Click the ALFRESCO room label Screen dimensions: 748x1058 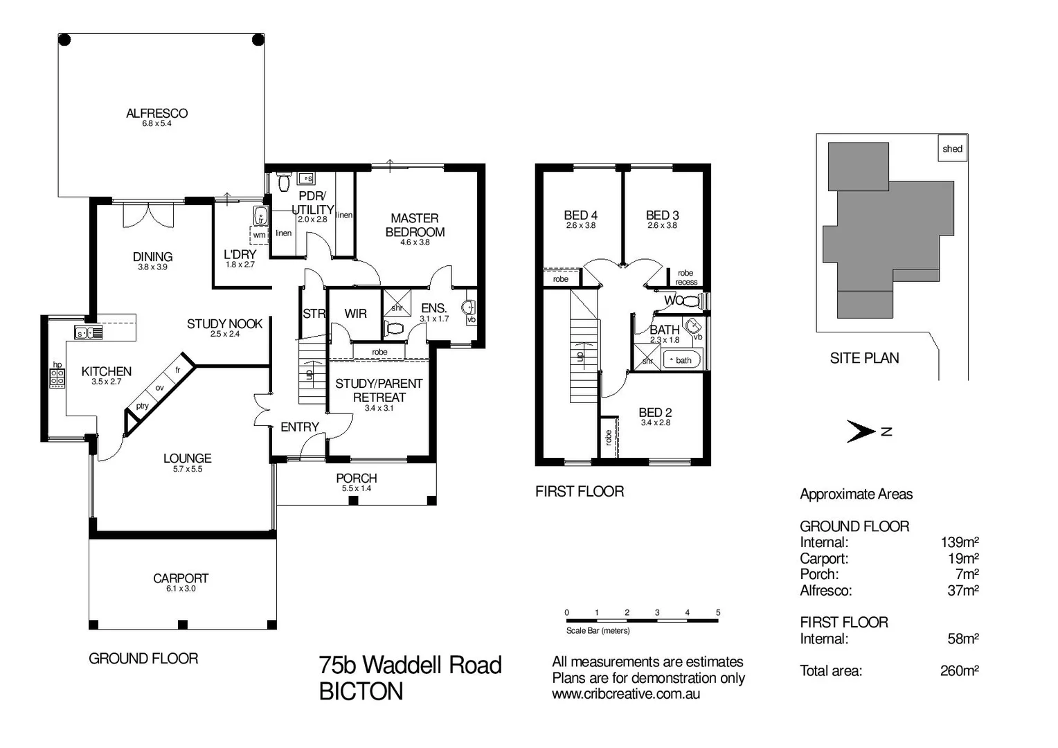pos(156,114)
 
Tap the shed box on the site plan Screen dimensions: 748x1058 pos(952,148)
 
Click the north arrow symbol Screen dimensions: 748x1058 pos(862,432)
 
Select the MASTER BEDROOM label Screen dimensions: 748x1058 pos(415,225)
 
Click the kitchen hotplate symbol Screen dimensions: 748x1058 pos(57,377)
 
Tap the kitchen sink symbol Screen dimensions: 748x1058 pos(89,333)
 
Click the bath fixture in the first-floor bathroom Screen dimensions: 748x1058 pos(681,360)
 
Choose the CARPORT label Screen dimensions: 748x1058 pos(181,578)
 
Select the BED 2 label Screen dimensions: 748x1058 pos(655,413)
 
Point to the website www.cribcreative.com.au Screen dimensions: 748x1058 pos(625,694)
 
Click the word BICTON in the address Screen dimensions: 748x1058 pos(361,692)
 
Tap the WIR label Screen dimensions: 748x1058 pos(355,314)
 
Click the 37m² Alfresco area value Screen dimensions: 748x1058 pos(962,591)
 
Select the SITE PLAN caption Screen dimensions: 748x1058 pos(864,358)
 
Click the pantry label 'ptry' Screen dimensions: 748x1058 pos(142,406)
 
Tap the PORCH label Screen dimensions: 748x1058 pos(356,478)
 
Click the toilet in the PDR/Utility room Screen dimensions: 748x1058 pos(283,183)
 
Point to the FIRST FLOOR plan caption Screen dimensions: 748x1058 pos(580,492)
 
